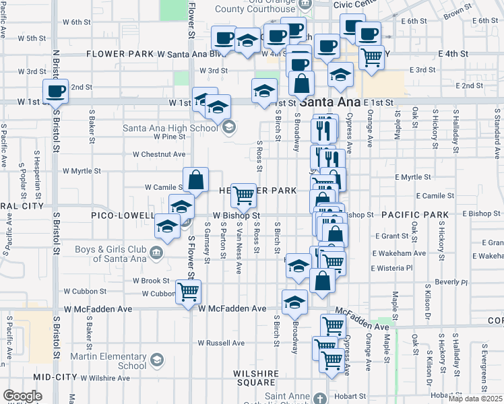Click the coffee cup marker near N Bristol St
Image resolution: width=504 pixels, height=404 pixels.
pyautogui.click(x=55, y=90)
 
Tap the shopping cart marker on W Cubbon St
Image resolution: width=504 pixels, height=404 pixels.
pyautogui.click(x=187, y=291)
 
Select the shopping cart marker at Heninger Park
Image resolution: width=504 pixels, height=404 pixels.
pyautogui.click(x=243, y=195)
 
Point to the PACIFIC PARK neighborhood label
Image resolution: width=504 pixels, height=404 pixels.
pyautogui.click(x=414, y=215)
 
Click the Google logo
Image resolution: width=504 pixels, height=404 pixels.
pyautogui.click(x=22, y=396)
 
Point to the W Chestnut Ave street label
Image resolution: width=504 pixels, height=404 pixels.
pyautogui.click(x=159, y=154)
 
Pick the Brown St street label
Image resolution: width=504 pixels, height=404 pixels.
pyautogui.click(x=456, y=11)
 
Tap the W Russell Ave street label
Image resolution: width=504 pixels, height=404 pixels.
pyautogui.click(x=222, y=342)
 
